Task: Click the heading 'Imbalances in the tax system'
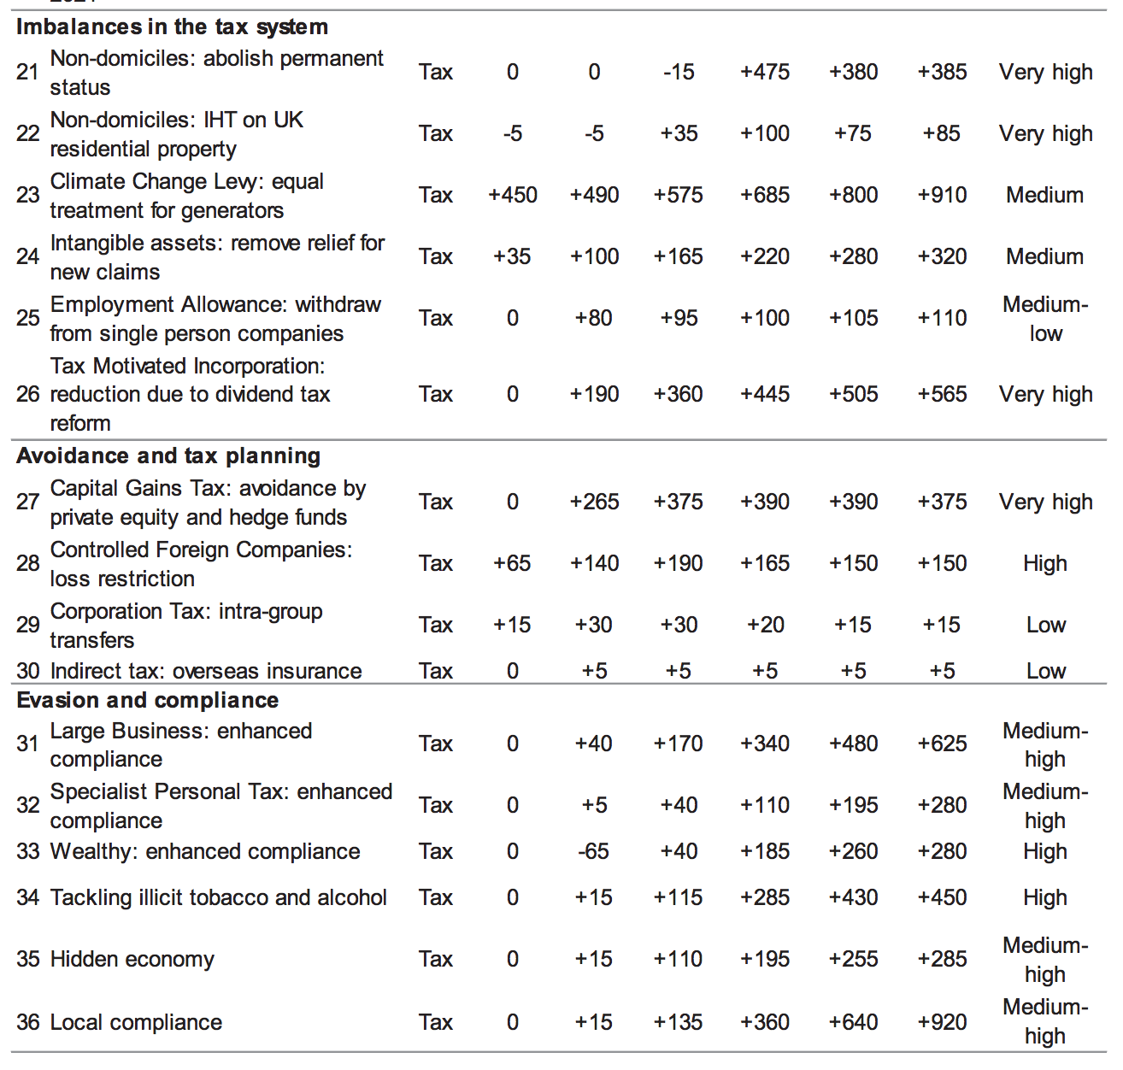(x=172, y=26)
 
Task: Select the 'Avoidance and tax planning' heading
(x=168, y=456)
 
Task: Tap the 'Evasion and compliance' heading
(x=147, y=700)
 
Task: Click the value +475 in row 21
(x=765, y=72)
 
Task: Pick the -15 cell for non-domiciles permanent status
(x=679, y=72)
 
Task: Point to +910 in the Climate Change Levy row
(x=942, y=195)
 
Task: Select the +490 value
(x=594, y=195)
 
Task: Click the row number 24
(x=28, y=256)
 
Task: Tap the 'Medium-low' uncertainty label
(x=1045, y=319)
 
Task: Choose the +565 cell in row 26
(x=942, y=394)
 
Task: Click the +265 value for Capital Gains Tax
(x=594, y=502)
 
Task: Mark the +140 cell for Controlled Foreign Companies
(x=594, y=563)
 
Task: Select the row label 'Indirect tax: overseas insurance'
(x=206, y=671)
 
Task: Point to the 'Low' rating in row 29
(x=1046, y=625)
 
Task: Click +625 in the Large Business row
(x=942, y=744)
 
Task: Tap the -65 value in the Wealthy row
(x=593, y=851)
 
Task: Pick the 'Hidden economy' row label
(x=132, y=959)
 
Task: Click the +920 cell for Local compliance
(x=942, y=1022)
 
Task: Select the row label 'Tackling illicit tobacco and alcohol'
(x=219, y=897)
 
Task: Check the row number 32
(x=28, y=805)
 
